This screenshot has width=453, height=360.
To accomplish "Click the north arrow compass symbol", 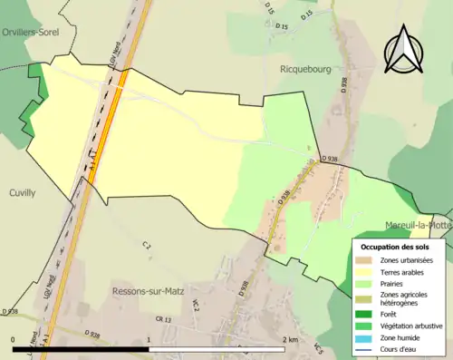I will (402, 49).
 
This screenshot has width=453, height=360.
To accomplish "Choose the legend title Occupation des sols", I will (395, 247).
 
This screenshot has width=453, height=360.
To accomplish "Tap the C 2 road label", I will (145, 245).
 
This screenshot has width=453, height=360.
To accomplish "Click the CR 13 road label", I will (163, 320).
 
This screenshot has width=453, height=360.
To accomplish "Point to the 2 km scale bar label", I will (291, 339).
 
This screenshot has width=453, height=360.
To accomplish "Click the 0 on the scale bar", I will (14, 339).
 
